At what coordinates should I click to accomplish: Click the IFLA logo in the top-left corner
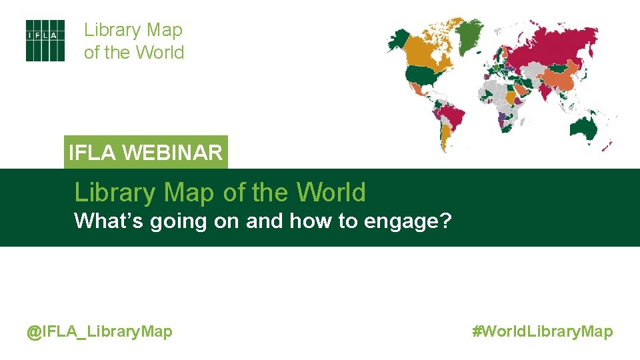pos(45,41)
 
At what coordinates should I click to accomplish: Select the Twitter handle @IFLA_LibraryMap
pos(99,331)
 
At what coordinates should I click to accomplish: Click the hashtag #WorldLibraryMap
pos(543,331)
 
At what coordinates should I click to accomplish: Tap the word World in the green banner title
pos(331,193)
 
